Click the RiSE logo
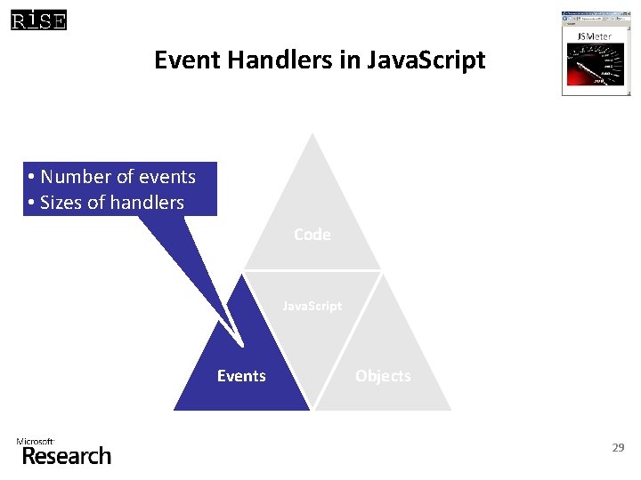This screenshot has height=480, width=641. (x=39, y=20)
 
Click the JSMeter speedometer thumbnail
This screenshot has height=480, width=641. (x=594, y=67)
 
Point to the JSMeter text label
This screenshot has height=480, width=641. (x=594, y=36)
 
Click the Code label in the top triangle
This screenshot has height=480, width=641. (x=312, y=235)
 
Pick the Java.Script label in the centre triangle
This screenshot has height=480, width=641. (x=312, y=306)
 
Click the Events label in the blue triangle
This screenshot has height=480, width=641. (x=241, y=376)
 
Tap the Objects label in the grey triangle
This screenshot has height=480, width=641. (x=383, y=376)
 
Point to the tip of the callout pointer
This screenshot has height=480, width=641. (x=242, y=344)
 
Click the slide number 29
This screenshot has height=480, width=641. (x=618, y=448)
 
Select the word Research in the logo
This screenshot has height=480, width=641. (x=67, y=456)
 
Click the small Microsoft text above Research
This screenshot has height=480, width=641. (x=35, y=441)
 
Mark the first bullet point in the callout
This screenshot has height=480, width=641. (x=31, y=177)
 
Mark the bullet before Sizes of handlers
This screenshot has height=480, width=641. (x=31, y=204)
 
